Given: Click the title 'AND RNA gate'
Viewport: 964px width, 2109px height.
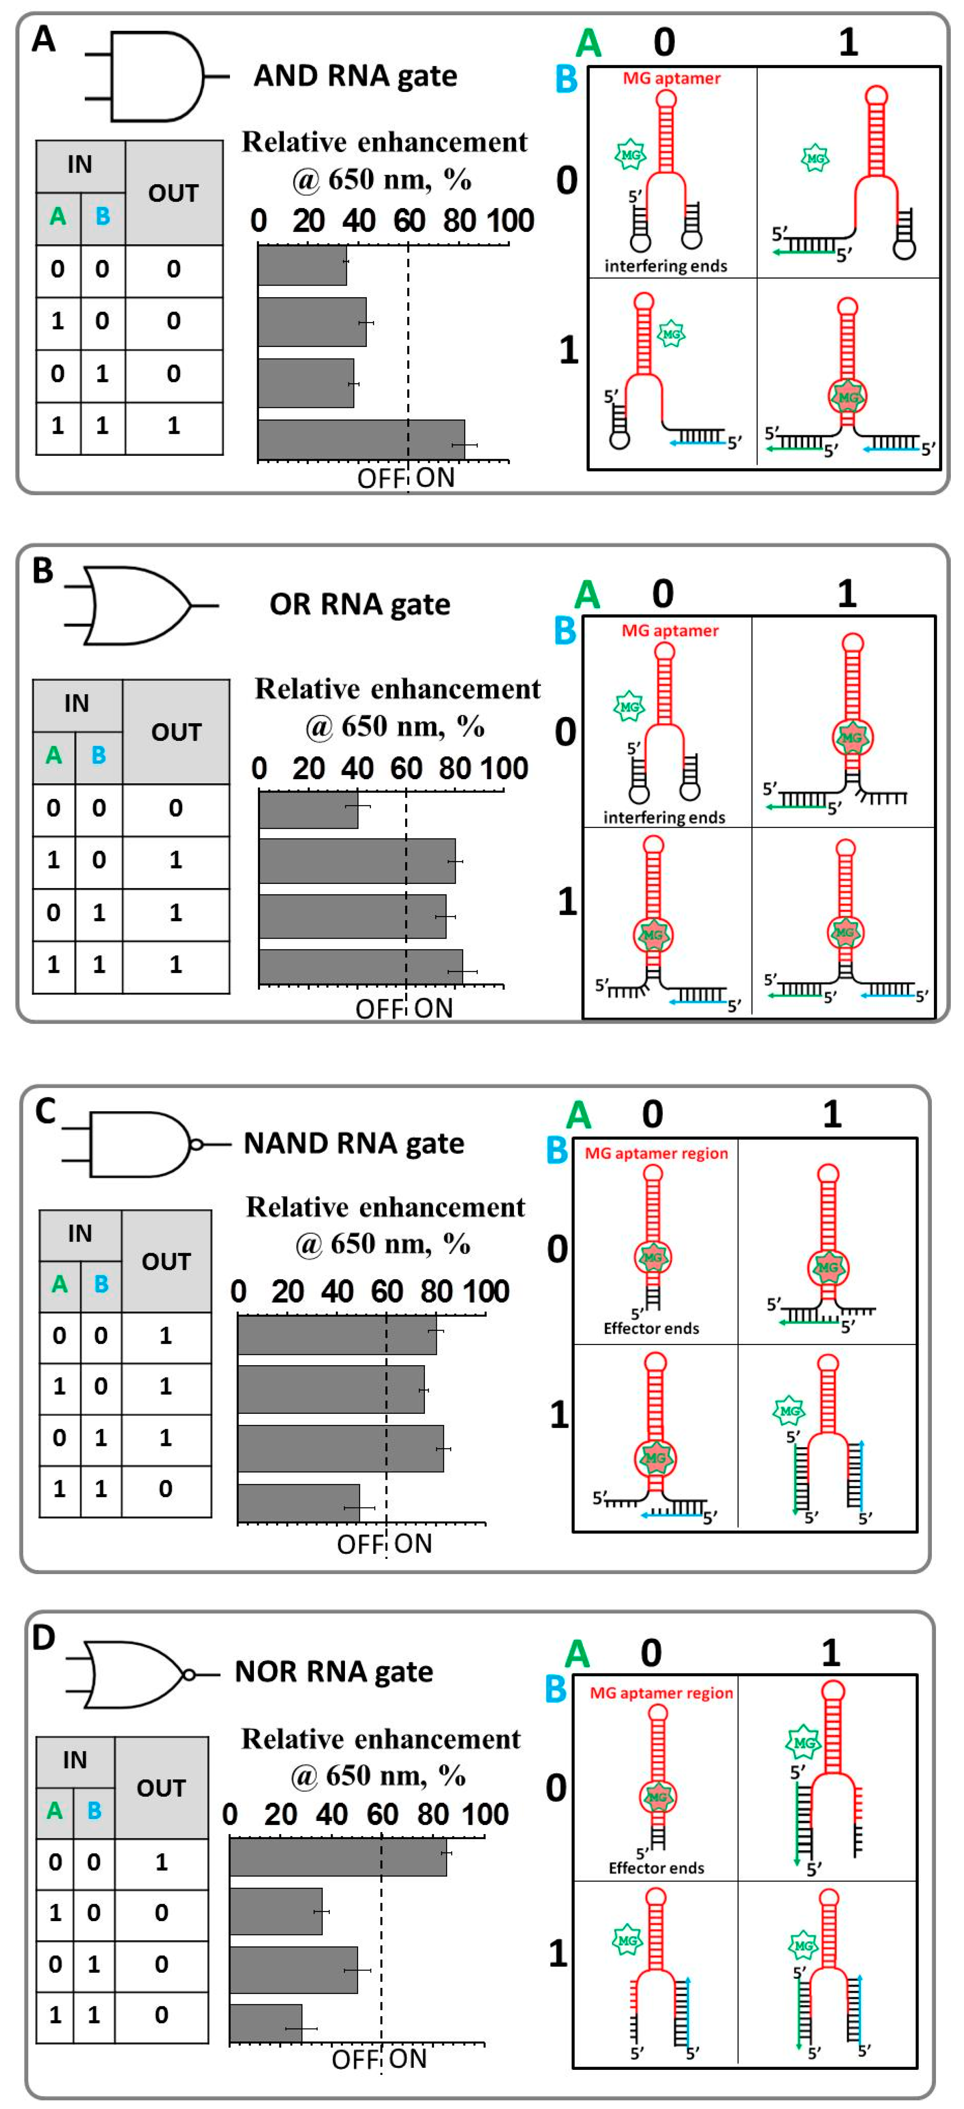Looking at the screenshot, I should (x=354, y=76).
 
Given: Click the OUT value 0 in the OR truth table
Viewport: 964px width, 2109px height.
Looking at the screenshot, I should (x=175, y=808).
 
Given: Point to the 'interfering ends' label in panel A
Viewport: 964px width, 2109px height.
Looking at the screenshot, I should (x=665, y=266).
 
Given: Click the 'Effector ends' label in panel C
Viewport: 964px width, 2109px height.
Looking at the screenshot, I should (x=651, y=1328).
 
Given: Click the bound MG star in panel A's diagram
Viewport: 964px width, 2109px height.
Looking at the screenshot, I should (x=848, y=397).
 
